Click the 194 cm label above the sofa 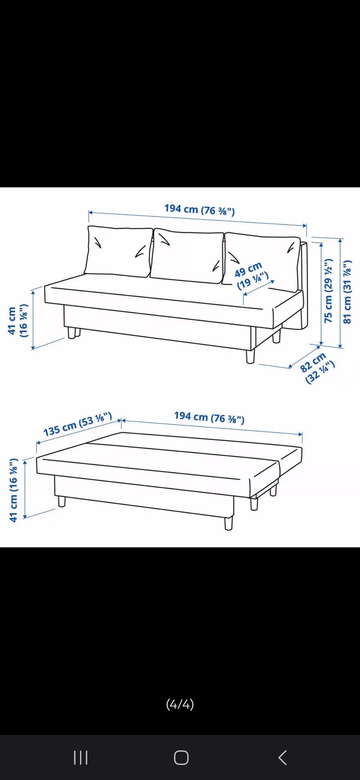[x=199, y=209]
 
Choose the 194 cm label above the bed [x=209, y=417]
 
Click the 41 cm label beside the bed [x=13, y=490]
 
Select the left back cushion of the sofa [x=119, y=251]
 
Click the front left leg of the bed [x=62, y=501]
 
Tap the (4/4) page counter [x=180, y=705]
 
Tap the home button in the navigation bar [x=181, y=757]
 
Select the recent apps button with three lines [x=81, y=757]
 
